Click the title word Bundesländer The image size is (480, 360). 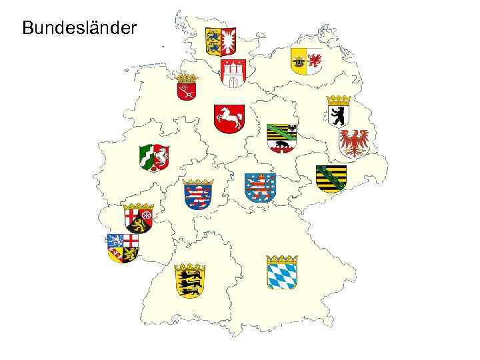point(79,28)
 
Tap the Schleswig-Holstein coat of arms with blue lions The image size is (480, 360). point(221,42)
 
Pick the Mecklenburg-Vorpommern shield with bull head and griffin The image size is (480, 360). point(306,61)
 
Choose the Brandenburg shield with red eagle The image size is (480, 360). point(353,143)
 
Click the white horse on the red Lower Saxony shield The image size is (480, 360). point(229,119)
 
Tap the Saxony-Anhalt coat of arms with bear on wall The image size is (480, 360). point(281,139)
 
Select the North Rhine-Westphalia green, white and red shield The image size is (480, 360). point(154,158)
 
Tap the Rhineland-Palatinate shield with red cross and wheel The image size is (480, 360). point(139,219)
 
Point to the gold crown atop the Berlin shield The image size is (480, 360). point(339,100)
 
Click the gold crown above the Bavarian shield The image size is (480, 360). point(282,259)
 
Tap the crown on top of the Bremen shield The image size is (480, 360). point(187,78)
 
